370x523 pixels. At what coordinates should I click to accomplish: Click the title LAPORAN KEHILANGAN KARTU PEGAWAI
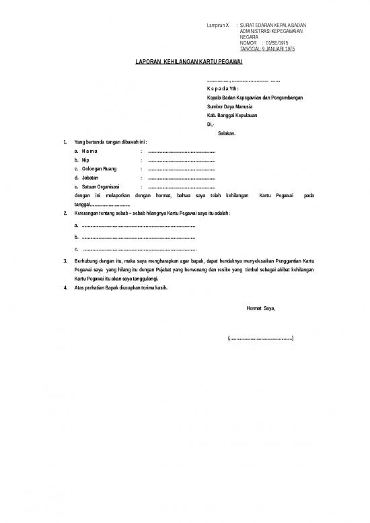185,62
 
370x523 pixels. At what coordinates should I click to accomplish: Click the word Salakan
227,133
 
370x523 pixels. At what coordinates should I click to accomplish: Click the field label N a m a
89,151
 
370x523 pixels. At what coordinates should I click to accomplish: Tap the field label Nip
84,160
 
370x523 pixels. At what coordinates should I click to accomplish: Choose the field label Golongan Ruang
99,169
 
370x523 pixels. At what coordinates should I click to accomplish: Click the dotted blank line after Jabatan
181,178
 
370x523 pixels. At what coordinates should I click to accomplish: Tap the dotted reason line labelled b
137,238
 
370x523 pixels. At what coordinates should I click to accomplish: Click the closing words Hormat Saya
262,308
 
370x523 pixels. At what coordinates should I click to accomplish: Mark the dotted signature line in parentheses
261,338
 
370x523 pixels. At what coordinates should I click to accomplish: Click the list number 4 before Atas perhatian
65,287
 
